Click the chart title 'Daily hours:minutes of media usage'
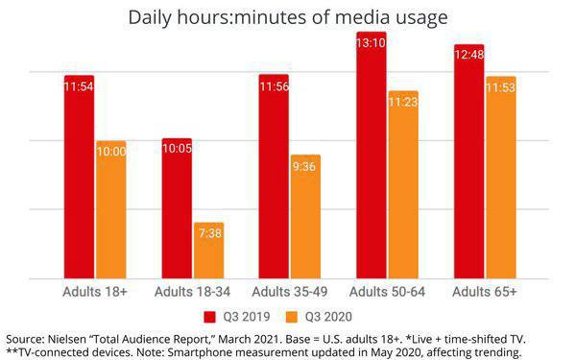pos(288,17)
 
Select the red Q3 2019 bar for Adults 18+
pos(79,177)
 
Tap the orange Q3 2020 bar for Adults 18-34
pos(209,251)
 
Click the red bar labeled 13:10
pos(372,155)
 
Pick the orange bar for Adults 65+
pos(501,178)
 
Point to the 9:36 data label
pos(304,167)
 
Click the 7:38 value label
pos(210,233)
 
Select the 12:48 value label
pos(469,55)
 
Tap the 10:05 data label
pos(177,149)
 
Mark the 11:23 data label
pos(403,102)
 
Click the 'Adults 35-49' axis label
pos(290,292)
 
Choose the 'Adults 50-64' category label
pos(387,292)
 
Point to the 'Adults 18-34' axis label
pos(192,292)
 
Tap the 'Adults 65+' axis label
pos(485,292)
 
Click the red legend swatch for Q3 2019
pos(209,317)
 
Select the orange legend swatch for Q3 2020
pos(292,317)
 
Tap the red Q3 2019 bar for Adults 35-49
pos(274,177)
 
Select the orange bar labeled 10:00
pos(111,209)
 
